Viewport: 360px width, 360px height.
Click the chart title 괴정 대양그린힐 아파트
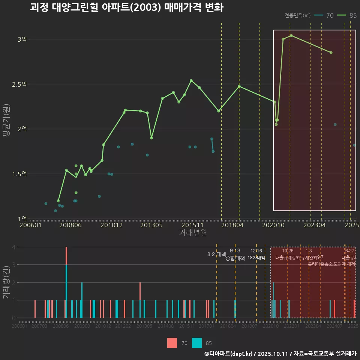pos(126,7)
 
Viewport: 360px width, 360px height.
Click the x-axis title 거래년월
pos(193,233)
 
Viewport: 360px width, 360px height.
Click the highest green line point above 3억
pos(291,36)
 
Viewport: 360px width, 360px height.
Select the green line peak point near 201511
pos(191,80)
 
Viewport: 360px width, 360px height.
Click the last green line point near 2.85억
pos(331,52)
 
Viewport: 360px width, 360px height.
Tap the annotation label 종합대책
pos(235,258)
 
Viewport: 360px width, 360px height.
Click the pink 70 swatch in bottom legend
pos(172,343)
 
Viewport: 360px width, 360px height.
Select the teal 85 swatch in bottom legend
pos(197,343)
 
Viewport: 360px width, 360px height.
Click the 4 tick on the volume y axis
pos(14,247)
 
